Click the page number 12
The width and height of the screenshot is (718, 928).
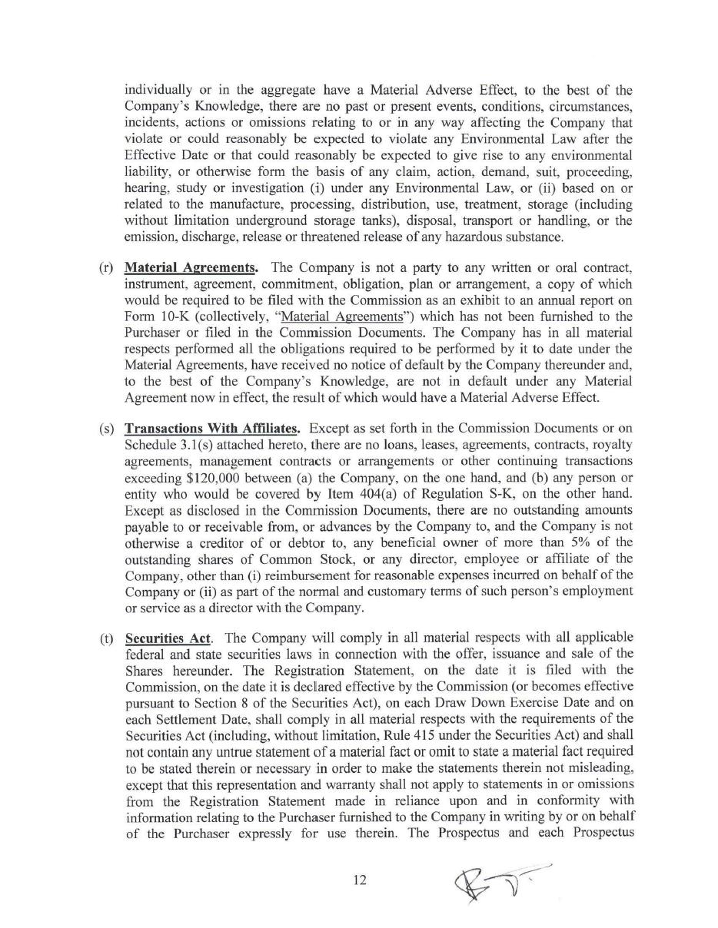[x=360, y=880]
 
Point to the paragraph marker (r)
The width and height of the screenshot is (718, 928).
[x=106, y=267]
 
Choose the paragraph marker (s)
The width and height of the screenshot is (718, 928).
[x=106, y=428]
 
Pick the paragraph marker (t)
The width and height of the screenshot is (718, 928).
[x=106, y=638]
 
